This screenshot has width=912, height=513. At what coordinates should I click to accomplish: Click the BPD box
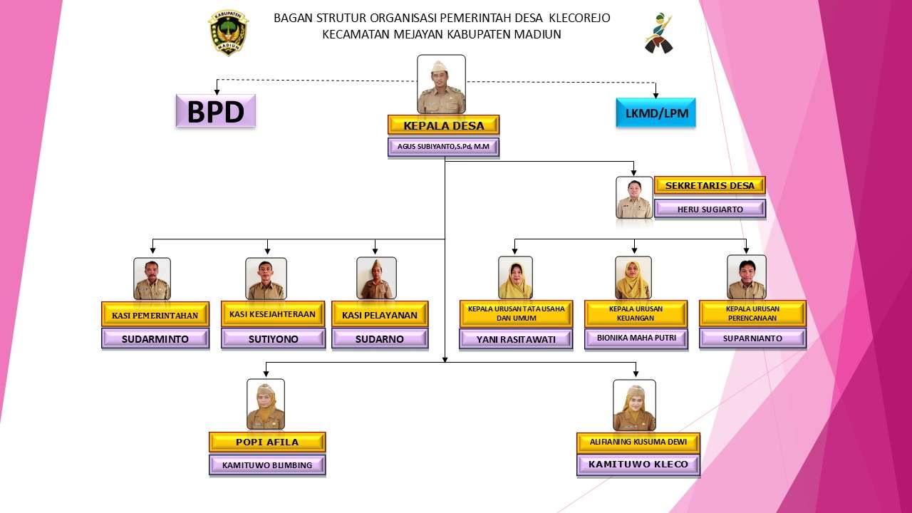point(215,111)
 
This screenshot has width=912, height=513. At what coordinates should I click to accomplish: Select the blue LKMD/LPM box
point(655,113)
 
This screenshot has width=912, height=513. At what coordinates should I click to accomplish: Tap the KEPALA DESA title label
point(443,125)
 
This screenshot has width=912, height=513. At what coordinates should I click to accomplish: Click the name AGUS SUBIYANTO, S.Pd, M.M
point(443,147)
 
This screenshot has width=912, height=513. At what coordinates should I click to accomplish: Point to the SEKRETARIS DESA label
point(709,186)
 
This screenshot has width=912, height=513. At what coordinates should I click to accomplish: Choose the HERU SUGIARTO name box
point(709,209)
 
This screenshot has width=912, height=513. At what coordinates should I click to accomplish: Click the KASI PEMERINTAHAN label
point(155,314)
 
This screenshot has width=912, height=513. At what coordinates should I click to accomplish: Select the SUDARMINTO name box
point(155,339)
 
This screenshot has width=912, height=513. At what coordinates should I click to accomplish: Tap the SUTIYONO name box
point(273,339)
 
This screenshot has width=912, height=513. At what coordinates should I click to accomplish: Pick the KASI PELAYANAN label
point(380,314)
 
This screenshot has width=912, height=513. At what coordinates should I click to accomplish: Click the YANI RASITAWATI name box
point(516,339)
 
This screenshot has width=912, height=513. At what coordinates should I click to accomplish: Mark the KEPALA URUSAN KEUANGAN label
point(636,313)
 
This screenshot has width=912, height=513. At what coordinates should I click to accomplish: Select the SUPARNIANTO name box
point(752,338)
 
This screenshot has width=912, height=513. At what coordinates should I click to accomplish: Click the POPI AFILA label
point(267,442)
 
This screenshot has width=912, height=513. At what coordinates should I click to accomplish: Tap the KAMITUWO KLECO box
point(638,465)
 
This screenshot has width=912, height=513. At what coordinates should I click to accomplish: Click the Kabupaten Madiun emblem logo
point(228,33)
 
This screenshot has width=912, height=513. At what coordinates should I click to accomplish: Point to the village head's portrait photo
point(441,85)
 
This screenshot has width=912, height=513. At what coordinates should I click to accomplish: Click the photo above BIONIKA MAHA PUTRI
point(633,278)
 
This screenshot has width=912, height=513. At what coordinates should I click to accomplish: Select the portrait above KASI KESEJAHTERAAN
point(266,279)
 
